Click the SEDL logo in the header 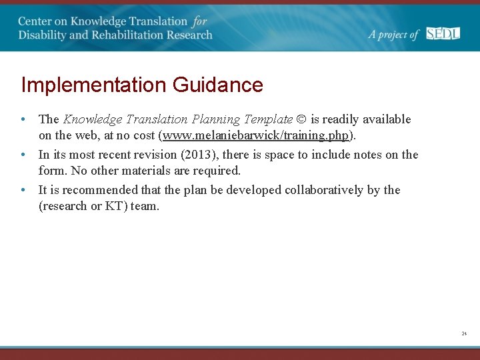tap(443, 33)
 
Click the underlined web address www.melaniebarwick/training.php tap(256, 135)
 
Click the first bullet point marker tap(23, 120)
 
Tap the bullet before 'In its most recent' tap(23, 155)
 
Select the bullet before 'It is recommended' tap(23, 190)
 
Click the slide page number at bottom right tap(463, 333)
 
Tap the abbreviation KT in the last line tap(113, 206)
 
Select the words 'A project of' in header tap(394, 35)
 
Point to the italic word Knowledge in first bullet tap(93, 120)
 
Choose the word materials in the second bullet tap(151, 171)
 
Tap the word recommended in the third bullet tap(99, 190)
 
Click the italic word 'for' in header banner tap(200, 21)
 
